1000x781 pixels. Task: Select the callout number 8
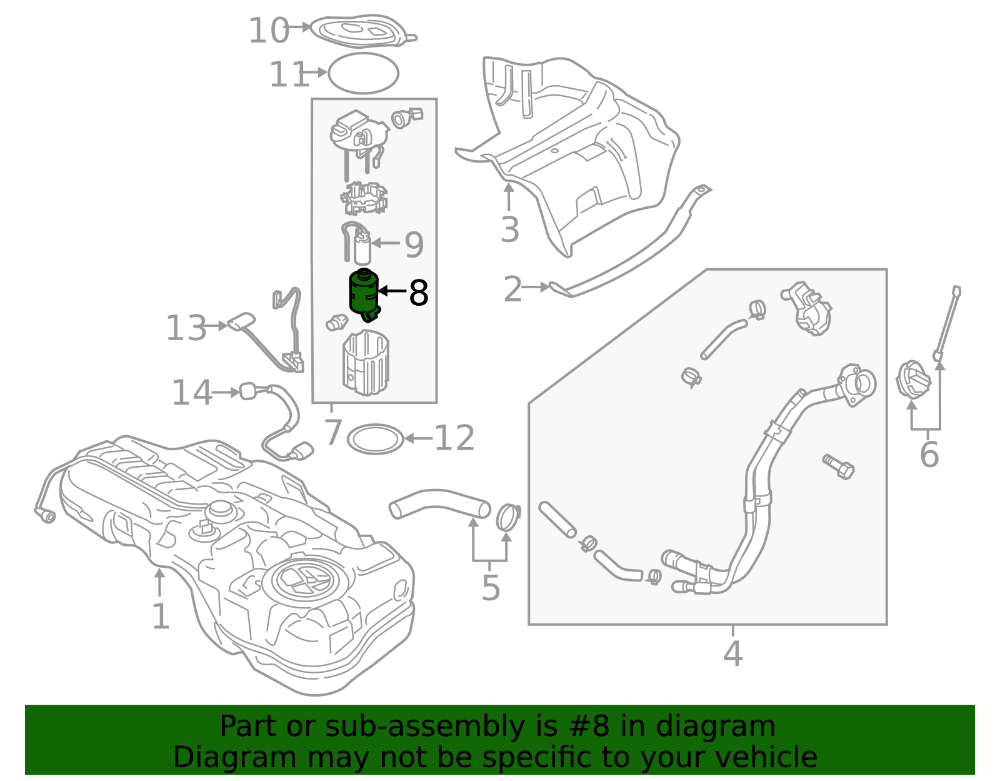click(x=418, y=293)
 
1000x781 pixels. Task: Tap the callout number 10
click(x=268, y=30)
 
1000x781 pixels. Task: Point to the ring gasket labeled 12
click(x=375, y=439)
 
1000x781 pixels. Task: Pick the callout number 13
click(x=186, y=328)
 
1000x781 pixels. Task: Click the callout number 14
click(x=192, y=393)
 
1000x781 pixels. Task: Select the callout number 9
click(x=414, y=244)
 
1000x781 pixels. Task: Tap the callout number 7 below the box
click(x=333, y=432)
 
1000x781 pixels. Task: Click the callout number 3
click(x=510, y=229)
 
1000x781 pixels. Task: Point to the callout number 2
click(x=512, y=289)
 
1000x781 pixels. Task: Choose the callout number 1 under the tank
click(x=161, y=617)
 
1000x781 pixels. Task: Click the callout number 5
click(x=491, y=588)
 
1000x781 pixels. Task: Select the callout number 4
click(x=732, y=653)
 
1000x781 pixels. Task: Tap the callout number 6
click(x=929, y=454)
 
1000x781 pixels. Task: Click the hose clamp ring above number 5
click(x=507, y=516)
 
